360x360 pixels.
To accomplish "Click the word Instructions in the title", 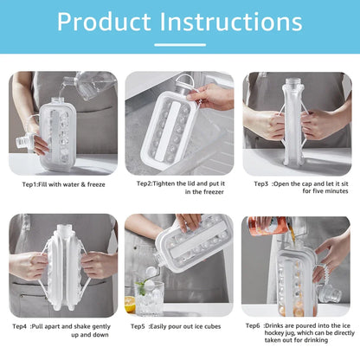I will tap(228, 22).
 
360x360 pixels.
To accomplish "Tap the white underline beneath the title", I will tap(179, 44).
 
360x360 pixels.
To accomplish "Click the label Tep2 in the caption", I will tap(145, 184).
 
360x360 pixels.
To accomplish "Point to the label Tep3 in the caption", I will tap(261, 184).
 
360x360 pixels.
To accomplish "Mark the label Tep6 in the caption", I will tap(254, 326).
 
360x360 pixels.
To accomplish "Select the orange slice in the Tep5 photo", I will tap(130, 304).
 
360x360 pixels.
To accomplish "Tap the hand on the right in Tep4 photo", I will tap(100, 264).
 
